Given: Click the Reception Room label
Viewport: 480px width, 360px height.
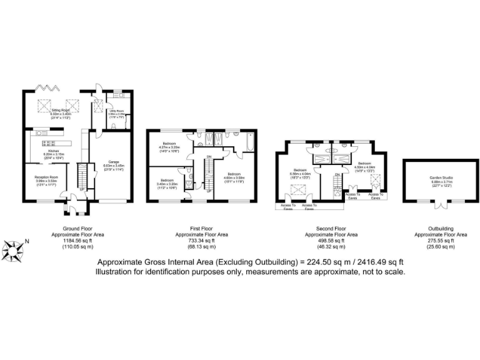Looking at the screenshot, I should tap(46, 178).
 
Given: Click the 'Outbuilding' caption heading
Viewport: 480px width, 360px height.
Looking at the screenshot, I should tap(441, 229).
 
